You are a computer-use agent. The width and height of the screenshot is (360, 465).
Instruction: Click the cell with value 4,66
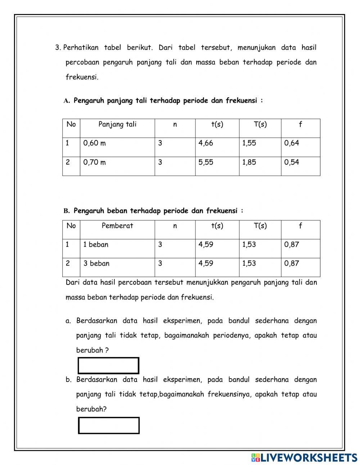tap(206, 143)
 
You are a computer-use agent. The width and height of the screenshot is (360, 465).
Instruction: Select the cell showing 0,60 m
tap(95, 143)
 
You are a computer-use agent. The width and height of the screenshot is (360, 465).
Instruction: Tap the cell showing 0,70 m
tap(95, 162)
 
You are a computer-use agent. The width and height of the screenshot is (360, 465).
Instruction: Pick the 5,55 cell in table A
tap(206, 162)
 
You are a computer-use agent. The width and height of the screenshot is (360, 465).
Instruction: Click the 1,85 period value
tap(249, 162)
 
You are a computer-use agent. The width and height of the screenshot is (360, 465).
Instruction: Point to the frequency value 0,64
tap(292, 143)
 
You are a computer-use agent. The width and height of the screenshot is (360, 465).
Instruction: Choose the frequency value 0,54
tap(292, 162)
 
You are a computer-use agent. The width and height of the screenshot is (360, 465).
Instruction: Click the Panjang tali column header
tap(117, 125)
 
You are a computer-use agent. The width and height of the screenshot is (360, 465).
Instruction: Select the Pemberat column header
tap(117, 226)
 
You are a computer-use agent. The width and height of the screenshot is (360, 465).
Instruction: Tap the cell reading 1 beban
tap(96, 245)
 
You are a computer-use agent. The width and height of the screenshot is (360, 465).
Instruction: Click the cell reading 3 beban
tap(96, 264)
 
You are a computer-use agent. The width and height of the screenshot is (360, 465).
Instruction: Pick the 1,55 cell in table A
tap(249, 143)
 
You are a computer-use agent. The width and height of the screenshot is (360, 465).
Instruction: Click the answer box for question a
tap(108, 366)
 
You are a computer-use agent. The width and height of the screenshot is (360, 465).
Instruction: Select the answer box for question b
tap(109, 425)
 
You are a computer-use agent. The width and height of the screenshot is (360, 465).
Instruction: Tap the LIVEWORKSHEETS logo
tap(304, 457)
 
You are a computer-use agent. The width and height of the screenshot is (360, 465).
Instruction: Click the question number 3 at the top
tap(58, 48)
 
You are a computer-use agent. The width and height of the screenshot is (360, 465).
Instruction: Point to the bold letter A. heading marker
tap(67, 101)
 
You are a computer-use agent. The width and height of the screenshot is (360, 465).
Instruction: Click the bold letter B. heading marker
tap(67, 211)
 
